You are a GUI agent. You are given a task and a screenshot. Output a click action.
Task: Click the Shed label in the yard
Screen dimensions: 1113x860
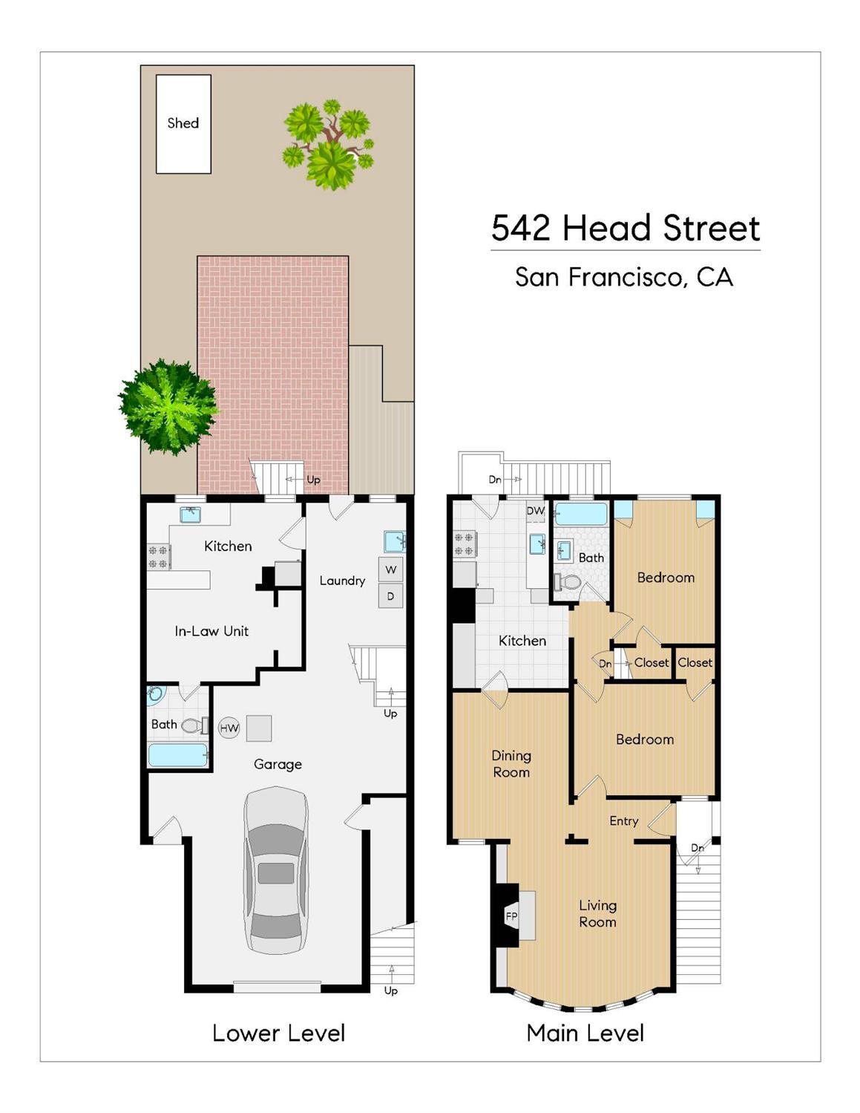(183, 123)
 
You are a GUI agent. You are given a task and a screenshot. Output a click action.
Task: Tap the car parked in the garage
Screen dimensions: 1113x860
(276, 870)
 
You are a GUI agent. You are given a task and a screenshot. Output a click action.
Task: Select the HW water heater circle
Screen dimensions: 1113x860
(229, 728)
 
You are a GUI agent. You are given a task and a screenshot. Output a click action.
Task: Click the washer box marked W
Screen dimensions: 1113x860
(390, 569)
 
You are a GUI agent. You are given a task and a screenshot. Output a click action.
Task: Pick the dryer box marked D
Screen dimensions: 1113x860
(390, 595)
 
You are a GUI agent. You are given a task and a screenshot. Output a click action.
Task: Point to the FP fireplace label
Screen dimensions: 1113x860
(511, 916)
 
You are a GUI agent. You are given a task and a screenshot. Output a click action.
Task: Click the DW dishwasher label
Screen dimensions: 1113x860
(535, 511)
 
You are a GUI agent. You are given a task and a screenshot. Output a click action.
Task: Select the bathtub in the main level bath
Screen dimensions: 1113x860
(581, 514)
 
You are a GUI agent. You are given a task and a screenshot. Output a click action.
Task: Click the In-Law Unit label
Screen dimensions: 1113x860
(211, 631)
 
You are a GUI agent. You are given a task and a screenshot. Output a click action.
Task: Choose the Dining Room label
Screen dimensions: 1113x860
(511, 763)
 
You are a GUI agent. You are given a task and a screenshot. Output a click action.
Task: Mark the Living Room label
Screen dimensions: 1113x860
(597, 913)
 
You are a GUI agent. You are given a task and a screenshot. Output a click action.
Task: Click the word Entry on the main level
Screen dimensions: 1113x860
(623, 820)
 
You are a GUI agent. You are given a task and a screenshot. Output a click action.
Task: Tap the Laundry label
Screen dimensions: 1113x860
(342, 581)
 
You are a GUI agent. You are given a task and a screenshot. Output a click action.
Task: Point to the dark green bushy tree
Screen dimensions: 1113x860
(168, 407)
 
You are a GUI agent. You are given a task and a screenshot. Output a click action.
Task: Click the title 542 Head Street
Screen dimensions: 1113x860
(625, 228)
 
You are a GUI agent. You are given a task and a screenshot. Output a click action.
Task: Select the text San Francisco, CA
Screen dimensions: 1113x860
(624, 277)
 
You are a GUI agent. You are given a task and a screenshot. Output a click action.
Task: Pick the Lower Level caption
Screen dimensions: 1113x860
(278, 1033)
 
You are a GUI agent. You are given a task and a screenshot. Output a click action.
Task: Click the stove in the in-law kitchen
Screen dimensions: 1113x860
(159, 557)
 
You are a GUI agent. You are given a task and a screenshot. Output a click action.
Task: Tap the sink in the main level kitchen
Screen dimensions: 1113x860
(538, 544)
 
